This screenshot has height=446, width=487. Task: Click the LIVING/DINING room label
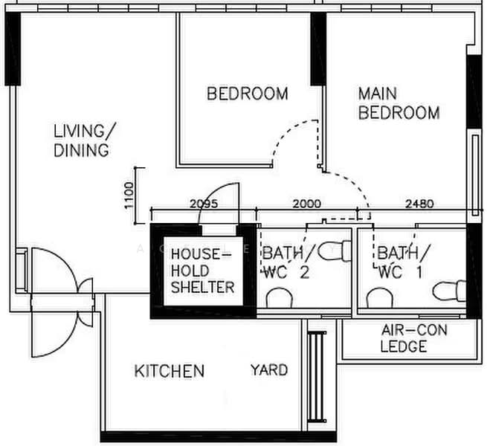point(85,140)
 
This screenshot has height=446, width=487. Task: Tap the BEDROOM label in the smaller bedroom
point(248,94)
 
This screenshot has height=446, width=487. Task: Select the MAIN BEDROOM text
point(399,103)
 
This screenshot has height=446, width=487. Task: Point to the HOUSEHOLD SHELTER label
point(202,271)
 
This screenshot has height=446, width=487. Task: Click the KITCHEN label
point(170,371)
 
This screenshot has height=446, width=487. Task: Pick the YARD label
point(269,370)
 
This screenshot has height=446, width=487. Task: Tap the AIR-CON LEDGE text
point(414,338)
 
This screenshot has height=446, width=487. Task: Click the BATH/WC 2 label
point(287,262)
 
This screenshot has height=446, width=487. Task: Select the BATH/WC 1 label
point(403,262)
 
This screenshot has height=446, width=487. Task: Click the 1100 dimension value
point(129,195)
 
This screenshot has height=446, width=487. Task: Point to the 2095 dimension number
point(204,204)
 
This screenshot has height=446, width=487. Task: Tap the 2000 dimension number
point(307,204)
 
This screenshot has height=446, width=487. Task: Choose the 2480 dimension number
point(419,204)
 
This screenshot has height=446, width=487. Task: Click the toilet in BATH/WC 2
point(335,251)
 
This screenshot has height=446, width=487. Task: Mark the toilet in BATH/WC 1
point(449,291)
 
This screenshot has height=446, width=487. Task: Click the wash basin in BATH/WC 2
point(280,298)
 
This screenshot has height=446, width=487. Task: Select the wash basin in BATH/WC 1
point(379,298)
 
